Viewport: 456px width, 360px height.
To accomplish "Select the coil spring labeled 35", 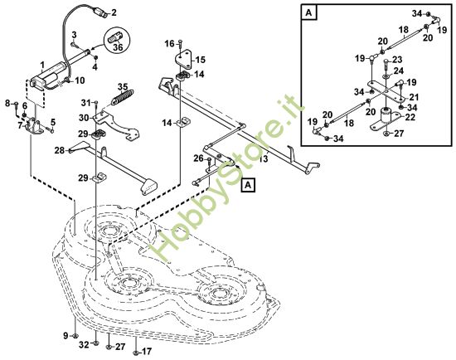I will (x=121, y=96).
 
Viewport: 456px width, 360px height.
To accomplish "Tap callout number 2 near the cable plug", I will (x=114, y=12).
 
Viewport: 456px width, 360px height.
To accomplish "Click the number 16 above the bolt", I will (x=168, y=42).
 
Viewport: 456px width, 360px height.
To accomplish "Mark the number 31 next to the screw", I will (x=85, y=102).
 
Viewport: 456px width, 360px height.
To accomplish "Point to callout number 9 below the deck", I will (x=66, y=334).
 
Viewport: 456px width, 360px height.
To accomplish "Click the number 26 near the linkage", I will (x=198, y=158).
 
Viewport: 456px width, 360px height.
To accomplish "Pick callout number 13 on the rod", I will (x=263, y=158).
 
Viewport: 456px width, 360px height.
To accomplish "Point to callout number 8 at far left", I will (x=7, y=104).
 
